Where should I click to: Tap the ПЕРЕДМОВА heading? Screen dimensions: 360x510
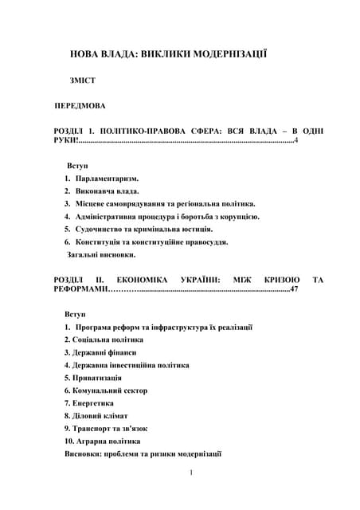[85, 105]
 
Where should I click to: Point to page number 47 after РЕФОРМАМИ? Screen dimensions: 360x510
[294, 291]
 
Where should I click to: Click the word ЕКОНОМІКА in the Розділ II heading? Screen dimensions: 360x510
[143, 280]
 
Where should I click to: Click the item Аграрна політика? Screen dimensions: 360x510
[106, 440]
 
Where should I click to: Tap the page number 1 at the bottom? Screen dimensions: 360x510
[192, 473]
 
